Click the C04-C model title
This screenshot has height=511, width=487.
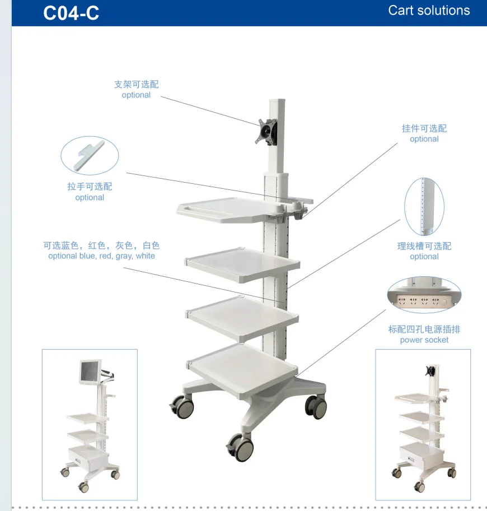pos(71,12)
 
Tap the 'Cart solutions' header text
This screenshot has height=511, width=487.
pos(429,11)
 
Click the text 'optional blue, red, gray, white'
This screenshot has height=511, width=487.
pos(101,256)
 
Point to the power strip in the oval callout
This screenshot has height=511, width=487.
pos(424,301)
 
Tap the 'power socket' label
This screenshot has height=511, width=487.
pos(424,340)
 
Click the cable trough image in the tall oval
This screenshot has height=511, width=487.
pos(424,206)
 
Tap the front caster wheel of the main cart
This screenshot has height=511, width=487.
pos(241,448)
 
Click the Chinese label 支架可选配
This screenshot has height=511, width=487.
pos(136,84)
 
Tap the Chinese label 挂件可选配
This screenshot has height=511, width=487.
pos(424,128)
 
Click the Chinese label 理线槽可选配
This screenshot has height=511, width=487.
pos(424,246)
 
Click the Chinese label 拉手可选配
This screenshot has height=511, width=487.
pos(90,187)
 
